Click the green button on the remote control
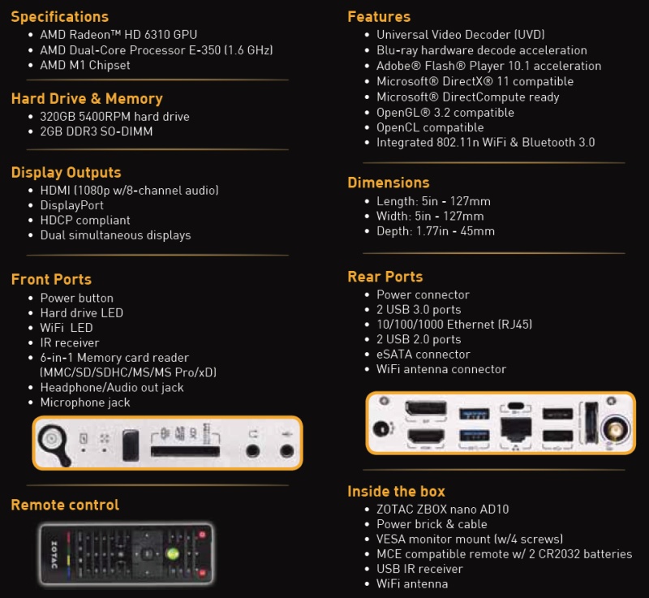click(x=173, y=553)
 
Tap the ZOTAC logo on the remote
click(x=54, y=554)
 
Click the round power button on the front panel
click(x=51, y=439)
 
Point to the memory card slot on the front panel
click(x=185, y=451)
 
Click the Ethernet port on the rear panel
click(x=516, y=428)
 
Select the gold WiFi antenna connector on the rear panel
click(x=615, y=430)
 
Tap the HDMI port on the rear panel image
click(x=426, y=437)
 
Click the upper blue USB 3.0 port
click(x=475, y=413)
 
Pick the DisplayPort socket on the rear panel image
click(x=425, y=409)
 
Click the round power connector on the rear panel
click(x=380, y=428)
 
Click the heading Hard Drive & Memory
click(x=87, y=98)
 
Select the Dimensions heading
click(x=389, y=183)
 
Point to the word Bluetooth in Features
click(x=548, y=142)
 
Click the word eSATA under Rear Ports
click(x=393, y=355)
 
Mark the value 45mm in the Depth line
click(x=477, y=231)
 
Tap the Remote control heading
click(x=65, y=505)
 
